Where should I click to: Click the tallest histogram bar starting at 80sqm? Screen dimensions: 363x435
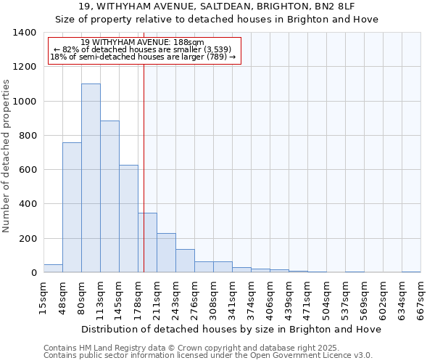pos(91,178)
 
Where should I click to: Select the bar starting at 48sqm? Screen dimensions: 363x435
pos(72,208)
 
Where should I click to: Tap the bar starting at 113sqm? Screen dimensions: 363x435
pos(109,196)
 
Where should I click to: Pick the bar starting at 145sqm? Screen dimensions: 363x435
pos(128,219)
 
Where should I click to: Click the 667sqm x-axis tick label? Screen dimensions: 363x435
pos(420,298)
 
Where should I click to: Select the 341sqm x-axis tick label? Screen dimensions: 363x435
pos(232,298)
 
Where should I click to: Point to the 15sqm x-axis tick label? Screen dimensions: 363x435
pos(43,297)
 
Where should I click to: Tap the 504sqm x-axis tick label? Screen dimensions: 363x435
pos(326,298)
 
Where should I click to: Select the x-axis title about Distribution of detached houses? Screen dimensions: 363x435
pos(231,329)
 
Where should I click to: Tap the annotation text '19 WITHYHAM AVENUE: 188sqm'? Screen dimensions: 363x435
pos(143,43)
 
